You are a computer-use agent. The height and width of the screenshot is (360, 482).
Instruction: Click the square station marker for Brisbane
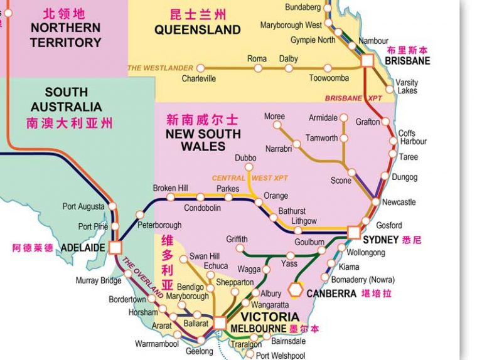pyautogui.click(x=367, y=60)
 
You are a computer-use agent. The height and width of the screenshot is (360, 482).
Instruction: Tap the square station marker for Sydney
pyautogui.click(x=354, y=233)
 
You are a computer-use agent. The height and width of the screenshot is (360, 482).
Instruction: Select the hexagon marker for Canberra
pyautogui.click(x=296, y=290)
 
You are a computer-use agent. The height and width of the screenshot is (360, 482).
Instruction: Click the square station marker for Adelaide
pyautogui.click(x=115, y=247)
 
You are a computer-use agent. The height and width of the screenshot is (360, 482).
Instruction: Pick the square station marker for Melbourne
pyautogui.click(x=220, y=323)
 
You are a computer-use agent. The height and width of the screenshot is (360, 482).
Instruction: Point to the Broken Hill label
pyautogui.click(x=171, y=188)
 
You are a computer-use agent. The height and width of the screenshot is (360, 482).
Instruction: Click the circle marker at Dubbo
pyautogui.click(x=250, y=167)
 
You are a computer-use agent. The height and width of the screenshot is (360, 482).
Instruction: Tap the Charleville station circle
pyautogui.click(x=200, y=68)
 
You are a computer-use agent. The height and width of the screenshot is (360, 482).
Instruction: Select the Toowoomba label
pyautogui.click(x=329, y=78)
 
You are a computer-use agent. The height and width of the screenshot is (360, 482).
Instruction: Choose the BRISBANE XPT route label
pyautogui.click(x=353, y=98)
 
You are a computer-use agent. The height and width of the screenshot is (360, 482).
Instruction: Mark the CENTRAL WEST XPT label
pyautogui.click(x=250, y=178)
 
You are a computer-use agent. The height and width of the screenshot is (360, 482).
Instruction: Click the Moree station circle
pyautogui.click(x=276, y=125)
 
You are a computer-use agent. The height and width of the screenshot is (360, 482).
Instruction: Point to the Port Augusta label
pyautogui.click(x=84, y=206)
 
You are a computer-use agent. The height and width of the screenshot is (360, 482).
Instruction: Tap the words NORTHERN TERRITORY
pyautogui.click(x=65, y=35)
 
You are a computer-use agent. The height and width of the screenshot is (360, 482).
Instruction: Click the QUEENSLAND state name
pyautogui.click(x=198, y=29)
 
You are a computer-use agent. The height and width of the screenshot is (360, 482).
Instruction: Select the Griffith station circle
pyautogui.click(x=241, y=248)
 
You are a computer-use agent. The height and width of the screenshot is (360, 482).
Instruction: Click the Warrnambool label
pyautogui.click(x=157, y=344)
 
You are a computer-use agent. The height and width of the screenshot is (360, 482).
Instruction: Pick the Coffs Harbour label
pyautogui.click(x=412, y=137)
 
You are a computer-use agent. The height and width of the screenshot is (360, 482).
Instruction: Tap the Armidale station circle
pyautogui.click(x=343, y=118)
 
